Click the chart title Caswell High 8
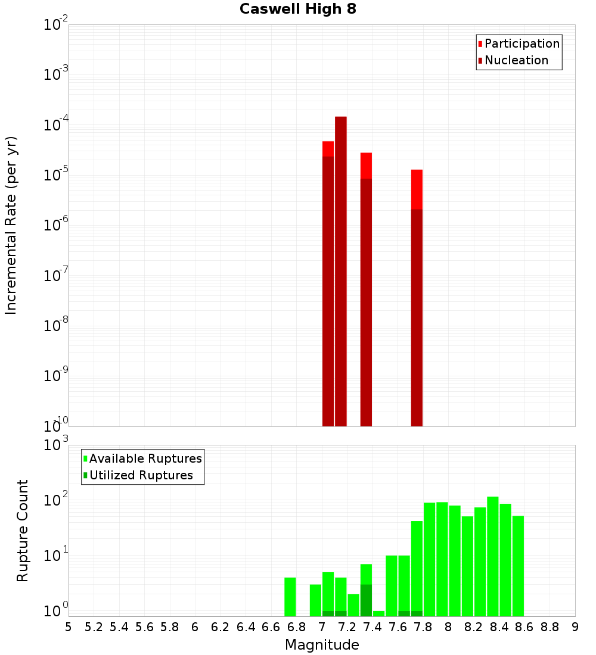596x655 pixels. point(297,10)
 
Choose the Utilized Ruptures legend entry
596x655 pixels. point(141,475)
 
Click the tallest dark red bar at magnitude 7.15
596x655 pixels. point(341,271)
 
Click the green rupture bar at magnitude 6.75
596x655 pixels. point(290,597)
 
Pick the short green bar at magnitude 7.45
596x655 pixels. point(378,613)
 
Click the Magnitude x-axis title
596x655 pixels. point(322,645)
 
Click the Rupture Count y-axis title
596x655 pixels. point(23,531)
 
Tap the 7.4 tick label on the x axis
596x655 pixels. point(372,627)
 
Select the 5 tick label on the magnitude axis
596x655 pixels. point(69,627)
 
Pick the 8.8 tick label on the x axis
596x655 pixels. point(550,627)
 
